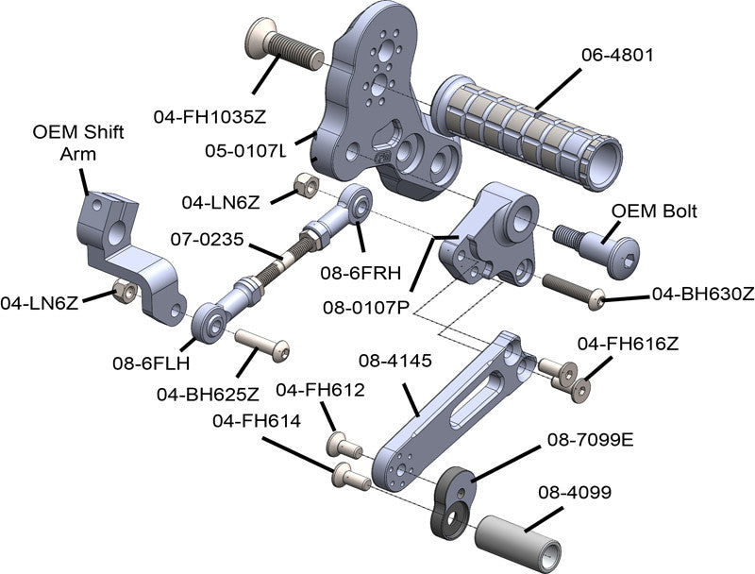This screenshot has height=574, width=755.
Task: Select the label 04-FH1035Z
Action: (210, 117)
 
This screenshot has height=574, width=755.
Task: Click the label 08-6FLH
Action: (151, 362)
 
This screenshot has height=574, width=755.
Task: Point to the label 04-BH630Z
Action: (703, 294)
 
